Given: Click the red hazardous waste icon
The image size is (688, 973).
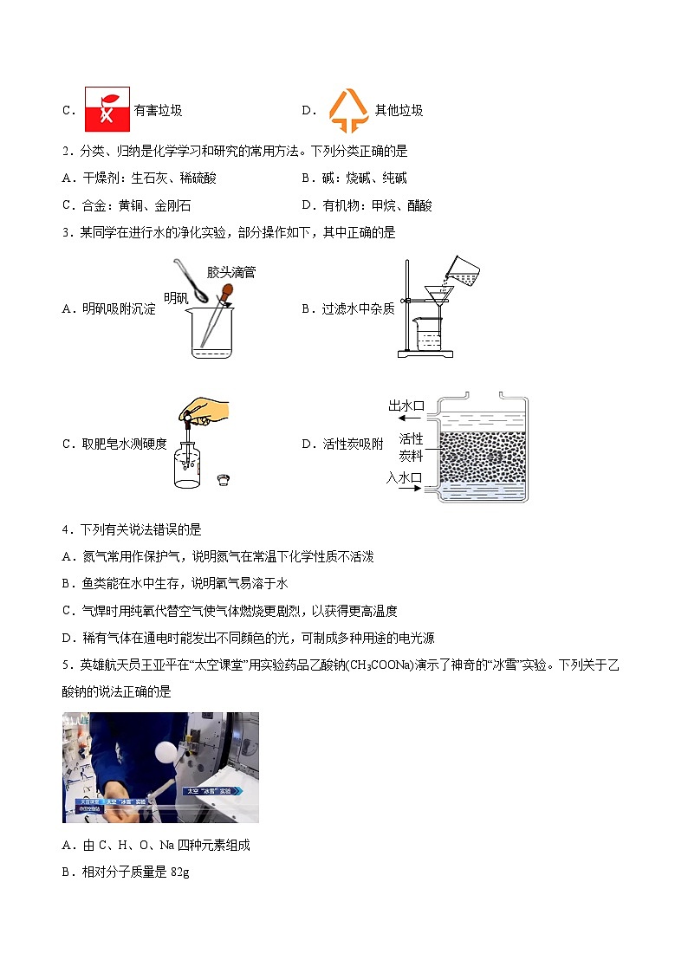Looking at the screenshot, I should (x=107, y=109).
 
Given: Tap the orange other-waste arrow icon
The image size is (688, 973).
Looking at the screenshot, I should (x=349, y=109).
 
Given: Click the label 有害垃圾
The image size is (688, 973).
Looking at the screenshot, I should (x=159, y=110).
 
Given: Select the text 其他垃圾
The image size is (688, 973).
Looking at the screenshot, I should (x=399, y=110).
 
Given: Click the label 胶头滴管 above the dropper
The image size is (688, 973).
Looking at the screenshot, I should (x=231, y=272).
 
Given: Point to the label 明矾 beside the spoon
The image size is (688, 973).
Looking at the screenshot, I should (x=176, y=298).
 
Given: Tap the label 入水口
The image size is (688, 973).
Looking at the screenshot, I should (x=404, y=477).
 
